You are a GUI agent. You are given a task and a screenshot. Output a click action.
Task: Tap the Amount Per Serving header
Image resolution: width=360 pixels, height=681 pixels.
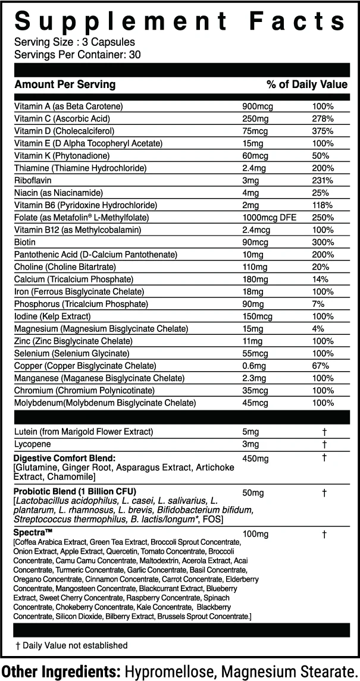[x=65, y=84]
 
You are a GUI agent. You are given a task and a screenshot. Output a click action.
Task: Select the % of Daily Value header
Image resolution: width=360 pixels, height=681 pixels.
[x=306, y=84]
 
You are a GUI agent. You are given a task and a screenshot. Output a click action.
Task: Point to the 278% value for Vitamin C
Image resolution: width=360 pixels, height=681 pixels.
[x=323, y=118]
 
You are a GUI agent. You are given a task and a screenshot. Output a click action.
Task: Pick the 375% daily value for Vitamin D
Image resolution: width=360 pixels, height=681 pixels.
[x=323, y=131]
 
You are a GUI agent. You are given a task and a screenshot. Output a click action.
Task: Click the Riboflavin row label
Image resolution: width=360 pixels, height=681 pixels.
[x=31, y=180]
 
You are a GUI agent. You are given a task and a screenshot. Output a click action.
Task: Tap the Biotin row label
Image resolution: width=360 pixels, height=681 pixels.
[x=24, y=242]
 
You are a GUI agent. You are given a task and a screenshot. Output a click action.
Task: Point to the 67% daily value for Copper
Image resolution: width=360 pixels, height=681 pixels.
[x=321, y=366]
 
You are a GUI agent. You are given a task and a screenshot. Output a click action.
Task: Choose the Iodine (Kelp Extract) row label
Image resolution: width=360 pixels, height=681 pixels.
[x=52, y=316]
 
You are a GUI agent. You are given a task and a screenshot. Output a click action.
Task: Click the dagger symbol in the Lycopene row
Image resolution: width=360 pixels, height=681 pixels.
[x=324, y=444]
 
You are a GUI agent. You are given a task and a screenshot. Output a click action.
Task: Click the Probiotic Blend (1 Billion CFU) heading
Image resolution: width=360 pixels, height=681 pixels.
[x=75, y=492]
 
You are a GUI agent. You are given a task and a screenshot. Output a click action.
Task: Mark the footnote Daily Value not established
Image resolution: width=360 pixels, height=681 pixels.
[x=74, y=645]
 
